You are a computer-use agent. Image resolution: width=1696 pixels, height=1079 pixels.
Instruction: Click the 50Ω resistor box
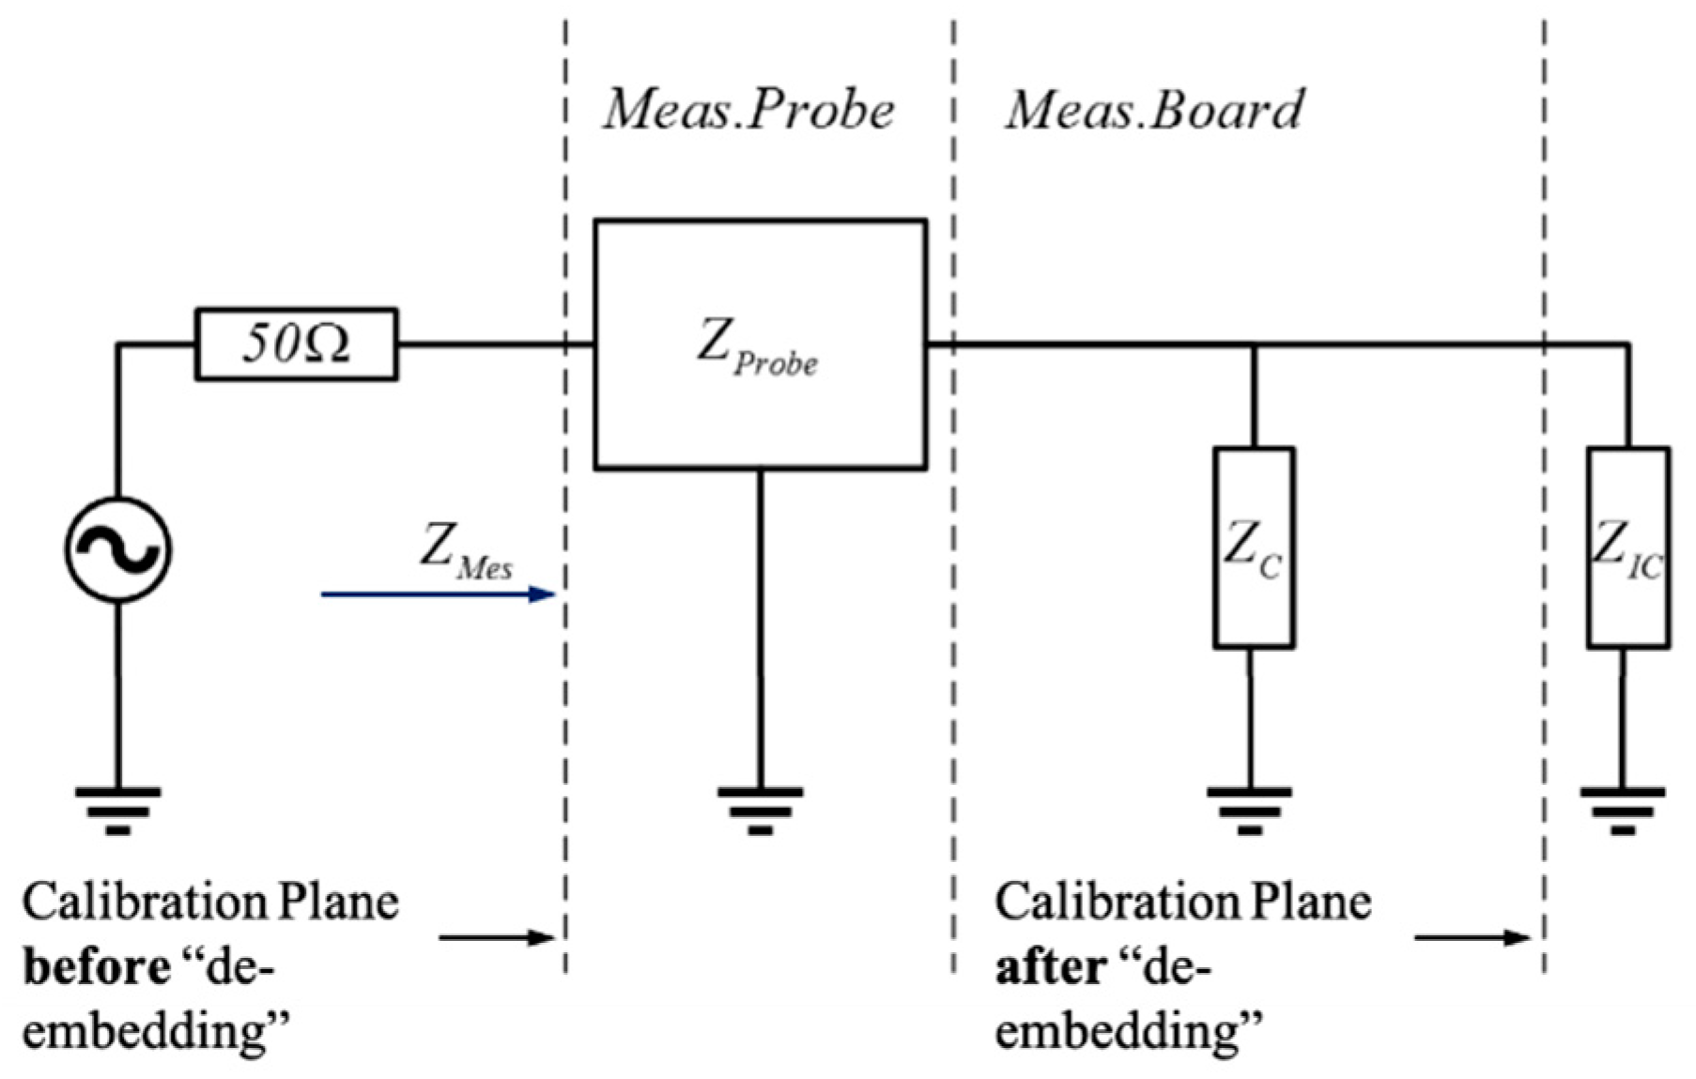(296, 344)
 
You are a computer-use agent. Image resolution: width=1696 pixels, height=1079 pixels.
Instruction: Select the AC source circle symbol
(118, 549)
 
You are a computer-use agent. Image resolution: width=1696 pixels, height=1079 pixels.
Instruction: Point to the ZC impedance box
(1254, 547)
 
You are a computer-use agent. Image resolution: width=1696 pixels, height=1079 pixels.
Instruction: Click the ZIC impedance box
(1627, 547)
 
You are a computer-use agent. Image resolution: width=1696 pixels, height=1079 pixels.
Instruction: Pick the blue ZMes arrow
(438, 593)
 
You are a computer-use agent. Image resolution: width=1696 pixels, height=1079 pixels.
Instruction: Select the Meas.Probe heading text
(748, 110)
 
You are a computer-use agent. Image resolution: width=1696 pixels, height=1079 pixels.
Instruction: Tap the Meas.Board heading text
(1154, 110)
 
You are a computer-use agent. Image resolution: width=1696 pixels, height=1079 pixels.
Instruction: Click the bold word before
(96, 967)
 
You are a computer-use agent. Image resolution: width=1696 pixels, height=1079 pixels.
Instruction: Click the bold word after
(1050, 967)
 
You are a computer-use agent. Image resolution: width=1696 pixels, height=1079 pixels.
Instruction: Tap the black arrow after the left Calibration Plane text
(497, 937)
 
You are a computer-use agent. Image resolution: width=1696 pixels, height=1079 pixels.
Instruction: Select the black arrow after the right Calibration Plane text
(1472, 937)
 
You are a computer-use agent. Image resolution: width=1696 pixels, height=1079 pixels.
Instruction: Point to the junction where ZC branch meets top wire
(1254, 346)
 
